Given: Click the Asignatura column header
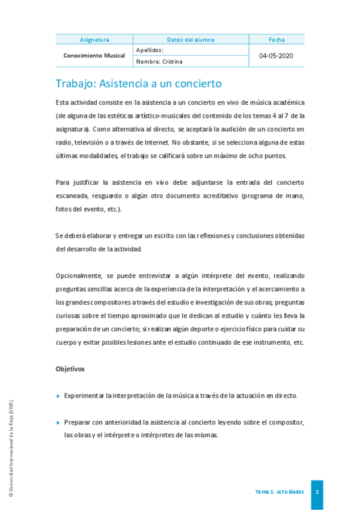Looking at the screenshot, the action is click(94, 40).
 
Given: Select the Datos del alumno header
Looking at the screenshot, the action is click(191, 40).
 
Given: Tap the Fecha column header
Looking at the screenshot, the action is click(276, 40).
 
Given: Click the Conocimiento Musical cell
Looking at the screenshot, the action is click(94, 55).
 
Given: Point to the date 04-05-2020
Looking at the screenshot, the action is click(276, 55).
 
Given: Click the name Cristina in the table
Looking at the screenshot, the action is click(171, 61).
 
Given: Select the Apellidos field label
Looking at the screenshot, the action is click(150, 51).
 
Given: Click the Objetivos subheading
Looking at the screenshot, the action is click(70, 368).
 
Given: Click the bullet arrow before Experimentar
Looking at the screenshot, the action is click(58, 396).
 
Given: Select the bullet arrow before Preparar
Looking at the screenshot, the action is click(58, 423).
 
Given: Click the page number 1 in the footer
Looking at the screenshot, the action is click(317, 492).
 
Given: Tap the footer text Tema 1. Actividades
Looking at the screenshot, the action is click(279, 492).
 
